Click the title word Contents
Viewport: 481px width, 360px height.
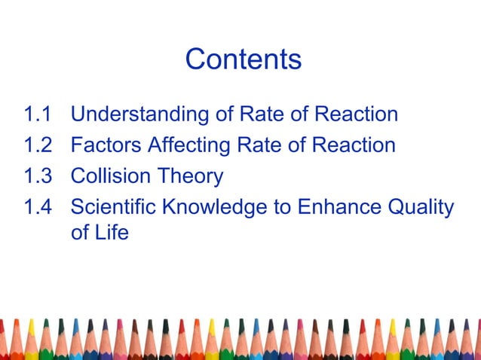(x=243, y=59)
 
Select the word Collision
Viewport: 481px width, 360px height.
(x=111, y=176)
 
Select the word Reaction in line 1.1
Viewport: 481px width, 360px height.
(x=356, y=115)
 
